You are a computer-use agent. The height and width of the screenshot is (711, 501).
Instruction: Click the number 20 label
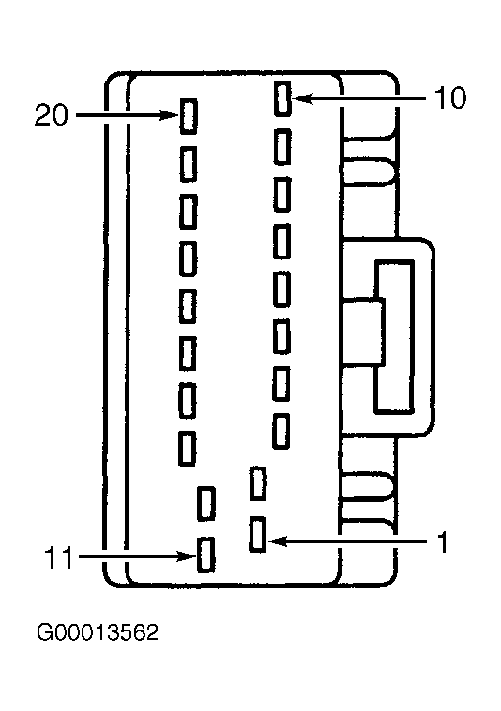pos(52,115)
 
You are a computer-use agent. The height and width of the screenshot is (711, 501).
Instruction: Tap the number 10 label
pos(449,98)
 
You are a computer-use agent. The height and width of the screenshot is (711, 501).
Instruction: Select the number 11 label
pos(59,557)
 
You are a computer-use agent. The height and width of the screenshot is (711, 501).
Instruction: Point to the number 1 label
pos(443,541)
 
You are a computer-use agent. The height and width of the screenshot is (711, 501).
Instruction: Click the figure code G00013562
pos(98,632)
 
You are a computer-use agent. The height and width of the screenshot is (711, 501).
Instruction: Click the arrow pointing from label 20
pos(127,115)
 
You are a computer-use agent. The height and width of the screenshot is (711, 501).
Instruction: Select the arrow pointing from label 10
pos(359,98)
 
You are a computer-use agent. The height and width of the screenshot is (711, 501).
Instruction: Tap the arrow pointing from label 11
pos(137,555)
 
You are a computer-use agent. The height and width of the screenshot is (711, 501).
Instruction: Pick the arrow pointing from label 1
pos(347,541)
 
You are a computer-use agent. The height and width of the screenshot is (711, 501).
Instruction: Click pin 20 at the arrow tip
pos(189,116)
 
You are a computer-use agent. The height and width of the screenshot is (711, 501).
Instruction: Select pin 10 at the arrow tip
pos(282,99)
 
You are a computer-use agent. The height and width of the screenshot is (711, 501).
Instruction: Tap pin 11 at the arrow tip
pos(205,555)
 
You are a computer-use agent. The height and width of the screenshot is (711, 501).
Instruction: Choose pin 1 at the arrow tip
pos(258,535)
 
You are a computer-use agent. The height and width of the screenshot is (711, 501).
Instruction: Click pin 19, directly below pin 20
pos(189,164)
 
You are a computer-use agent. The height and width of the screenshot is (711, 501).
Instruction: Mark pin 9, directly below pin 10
pos(282,146)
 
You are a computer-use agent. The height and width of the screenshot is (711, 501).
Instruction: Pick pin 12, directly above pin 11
pos(206,503)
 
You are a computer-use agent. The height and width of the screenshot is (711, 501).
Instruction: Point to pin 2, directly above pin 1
pos(258,483)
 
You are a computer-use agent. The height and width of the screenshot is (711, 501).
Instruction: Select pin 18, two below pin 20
pos(188,212)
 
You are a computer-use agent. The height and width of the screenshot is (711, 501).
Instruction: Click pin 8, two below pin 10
pos(282,195)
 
